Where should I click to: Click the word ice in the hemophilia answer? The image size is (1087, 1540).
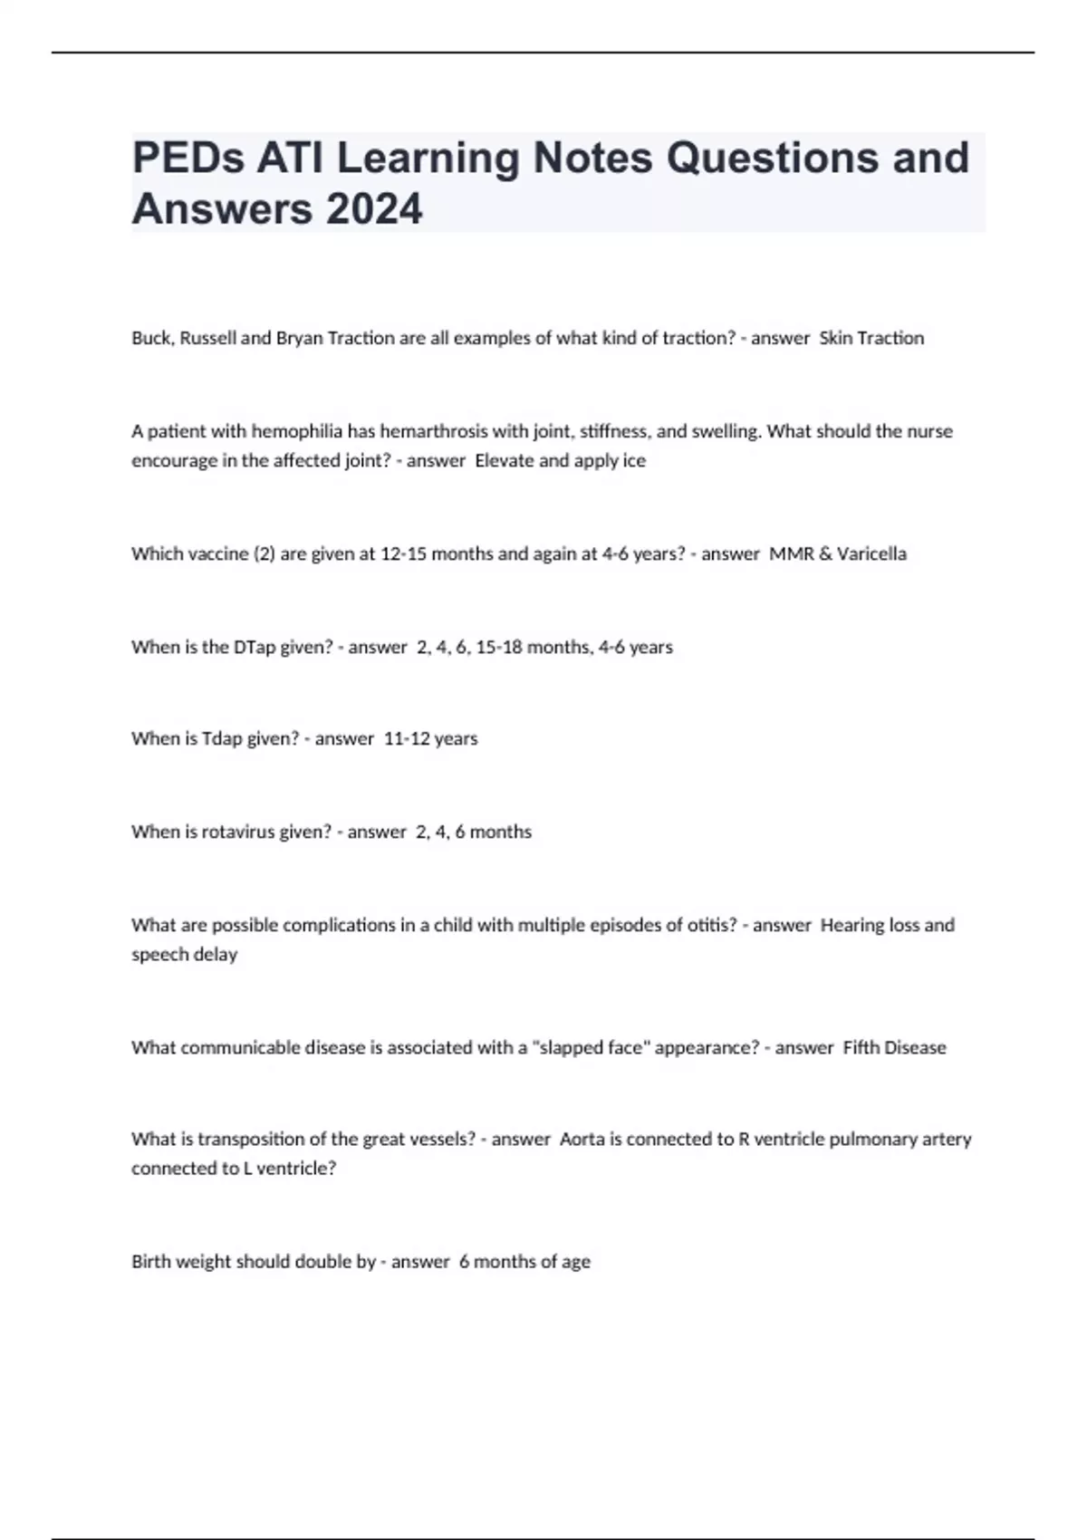click(634, 460)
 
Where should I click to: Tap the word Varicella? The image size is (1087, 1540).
click(871, 553)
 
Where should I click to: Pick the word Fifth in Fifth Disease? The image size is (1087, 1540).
click(861, 1047)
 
